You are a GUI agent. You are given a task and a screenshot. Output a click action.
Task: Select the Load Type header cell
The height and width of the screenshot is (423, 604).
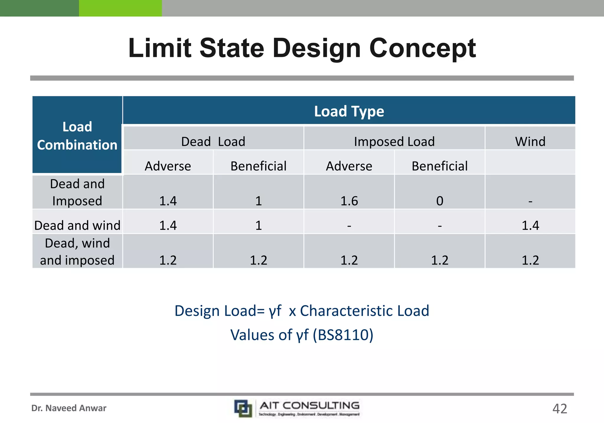349,111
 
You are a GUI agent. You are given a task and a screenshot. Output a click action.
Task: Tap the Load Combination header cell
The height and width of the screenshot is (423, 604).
77,135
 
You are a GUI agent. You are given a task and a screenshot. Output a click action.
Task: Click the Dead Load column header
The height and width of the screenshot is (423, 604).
213,141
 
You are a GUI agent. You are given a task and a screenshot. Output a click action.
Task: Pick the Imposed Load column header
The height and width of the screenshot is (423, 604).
394,141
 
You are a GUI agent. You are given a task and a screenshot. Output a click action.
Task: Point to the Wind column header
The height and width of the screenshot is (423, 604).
530,141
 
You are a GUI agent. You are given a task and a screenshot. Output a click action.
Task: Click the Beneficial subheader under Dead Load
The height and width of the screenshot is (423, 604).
258,166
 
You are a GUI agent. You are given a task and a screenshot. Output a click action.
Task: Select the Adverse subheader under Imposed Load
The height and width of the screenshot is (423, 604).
349,166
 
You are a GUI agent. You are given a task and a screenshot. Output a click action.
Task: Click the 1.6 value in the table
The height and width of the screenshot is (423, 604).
349,201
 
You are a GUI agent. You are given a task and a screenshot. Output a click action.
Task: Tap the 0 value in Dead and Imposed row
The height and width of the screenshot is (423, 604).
439,201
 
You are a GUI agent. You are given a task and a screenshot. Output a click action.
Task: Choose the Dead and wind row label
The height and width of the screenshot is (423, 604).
77,225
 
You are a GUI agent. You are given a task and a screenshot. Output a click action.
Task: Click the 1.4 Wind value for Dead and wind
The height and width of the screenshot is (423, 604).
530,225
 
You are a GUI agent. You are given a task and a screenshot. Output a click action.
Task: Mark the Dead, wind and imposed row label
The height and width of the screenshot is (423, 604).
77,252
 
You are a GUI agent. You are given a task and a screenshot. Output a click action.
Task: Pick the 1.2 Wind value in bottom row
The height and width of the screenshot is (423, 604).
530,260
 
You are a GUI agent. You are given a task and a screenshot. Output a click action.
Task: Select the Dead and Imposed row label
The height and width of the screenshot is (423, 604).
77,192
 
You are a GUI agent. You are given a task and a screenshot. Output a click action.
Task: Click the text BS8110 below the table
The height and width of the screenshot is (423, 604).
343,335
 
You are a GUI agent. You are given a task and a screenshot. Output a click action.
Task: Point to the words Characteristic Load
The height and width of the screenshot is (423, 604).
364,311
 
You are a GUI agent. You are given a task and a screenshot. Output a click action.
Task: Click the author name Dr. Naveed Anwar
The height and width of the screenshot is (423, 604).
69,408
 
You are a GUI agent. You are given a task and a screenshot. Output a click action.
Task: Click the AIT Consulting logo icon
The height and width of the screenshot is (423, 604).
243,408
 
